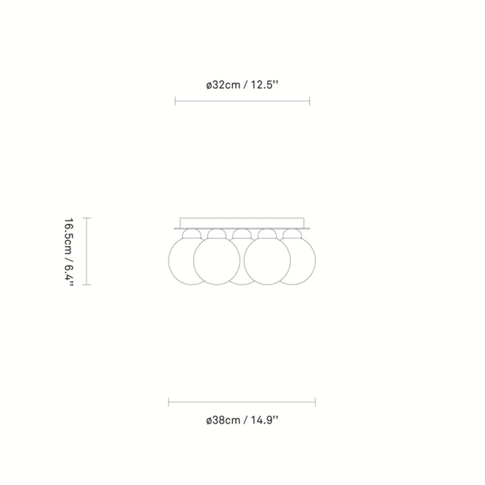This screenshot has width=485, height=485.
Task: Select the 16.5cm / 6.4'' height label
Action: [69, 251]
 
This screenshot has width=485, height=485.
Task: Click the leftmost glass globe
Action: [179, 261]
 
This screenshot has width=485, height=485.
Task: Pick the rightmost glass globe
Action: [304, 261]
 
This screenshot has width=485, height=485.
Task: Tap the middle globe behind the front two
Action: [242, 280]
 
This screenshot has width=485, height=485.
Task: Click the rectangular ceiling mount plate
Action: [242, 223]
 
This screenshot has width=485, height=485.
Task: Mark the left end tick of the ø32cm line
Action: [175, 101]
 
